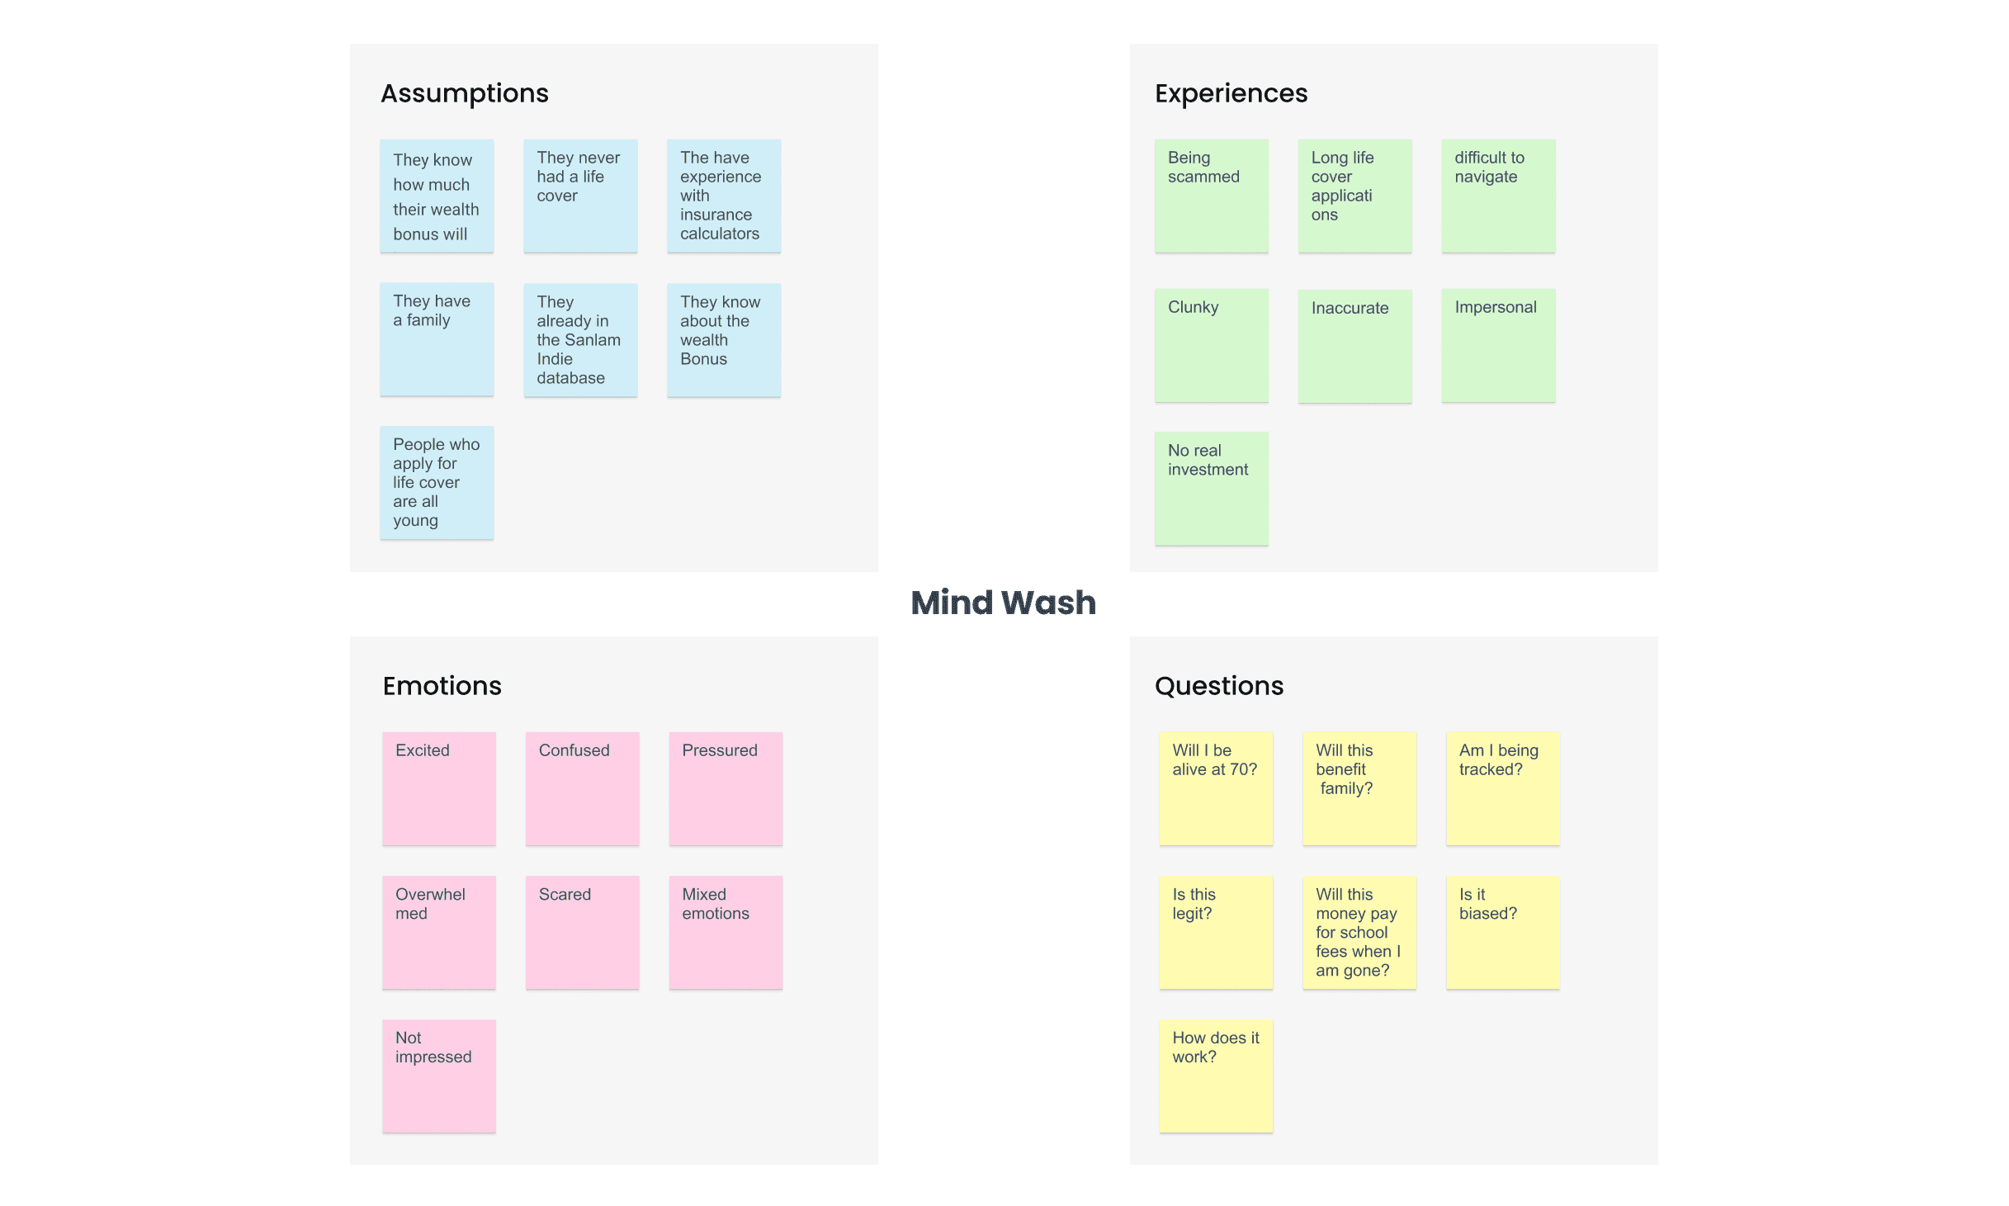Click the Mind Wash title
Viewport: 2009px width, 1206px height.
[x=1003, y=603]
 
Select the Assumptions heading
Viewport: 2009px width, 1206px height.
[x=465, y=94]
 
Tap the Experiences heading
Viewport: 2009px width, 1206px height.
[x=1231, y=93]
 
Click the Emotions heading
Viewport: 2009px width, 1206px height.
[x=442, y=686]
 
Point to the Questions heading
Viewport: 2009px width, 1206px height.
[x=1218, y=686]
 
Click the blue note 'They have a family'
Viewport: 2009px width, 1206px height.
[x=437, y=339]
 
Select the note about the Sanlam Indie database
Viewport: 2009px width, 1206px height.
[x=580, y=339]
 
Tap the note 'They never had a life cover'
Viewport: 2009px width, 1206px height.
[x=580, y=196]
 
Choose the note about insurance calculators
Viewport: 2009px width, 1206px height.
[x=724, y=196]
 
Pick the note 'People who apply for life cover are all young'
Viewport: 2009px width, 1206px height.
[x=437, y=483]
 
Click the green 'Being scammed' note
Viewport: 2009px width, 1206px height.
[x=1212, y=196]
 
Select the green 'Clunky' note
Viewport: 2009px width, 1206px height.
[x=1212, y=345]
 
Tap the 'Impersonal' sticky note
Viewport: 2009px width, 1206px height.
[x=1499, y=345]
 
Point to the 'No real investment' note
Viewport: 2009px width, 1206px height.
[x=1212, y=489]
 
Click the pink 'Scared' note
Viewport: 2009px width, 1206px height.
[x=583, y=933]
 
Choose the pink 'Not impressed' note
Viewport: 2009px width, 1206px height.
[x=439, y=1076]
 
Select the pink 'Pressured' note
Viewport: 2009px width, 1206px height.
[x=726, y=789]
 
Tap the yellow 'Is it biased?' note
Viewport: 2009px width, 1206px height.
[x=1503, y=933]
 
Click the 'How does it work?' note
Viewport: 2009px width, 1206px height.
[x=1216, y=1076]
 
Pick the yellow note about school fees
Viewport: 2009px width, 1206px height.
[x=1359, y=933]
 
